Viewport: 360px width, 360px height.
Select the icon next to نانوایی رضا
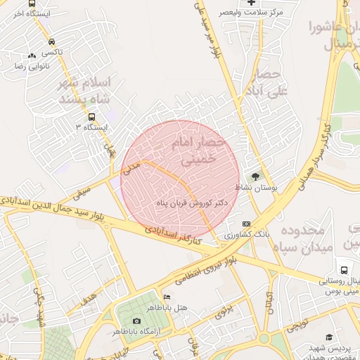(31, 56)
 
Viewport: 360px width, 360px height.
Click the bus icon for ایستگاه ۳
(91, 117)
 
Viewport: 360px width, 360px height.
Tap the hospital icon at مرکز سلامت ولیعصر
(251, 3)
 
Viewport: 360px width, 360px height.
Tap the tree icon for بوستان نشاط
(255, 176)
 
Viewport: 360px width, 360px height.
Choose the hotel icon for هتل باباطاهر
(167, 297)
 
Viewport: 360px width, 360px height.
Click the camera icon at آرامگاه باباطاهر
(136, 321)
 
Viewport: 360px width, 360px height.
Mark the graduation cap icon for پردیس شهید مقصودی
(310, 347)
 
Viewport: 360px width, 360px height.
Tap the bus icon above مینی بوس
(344, 269)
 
